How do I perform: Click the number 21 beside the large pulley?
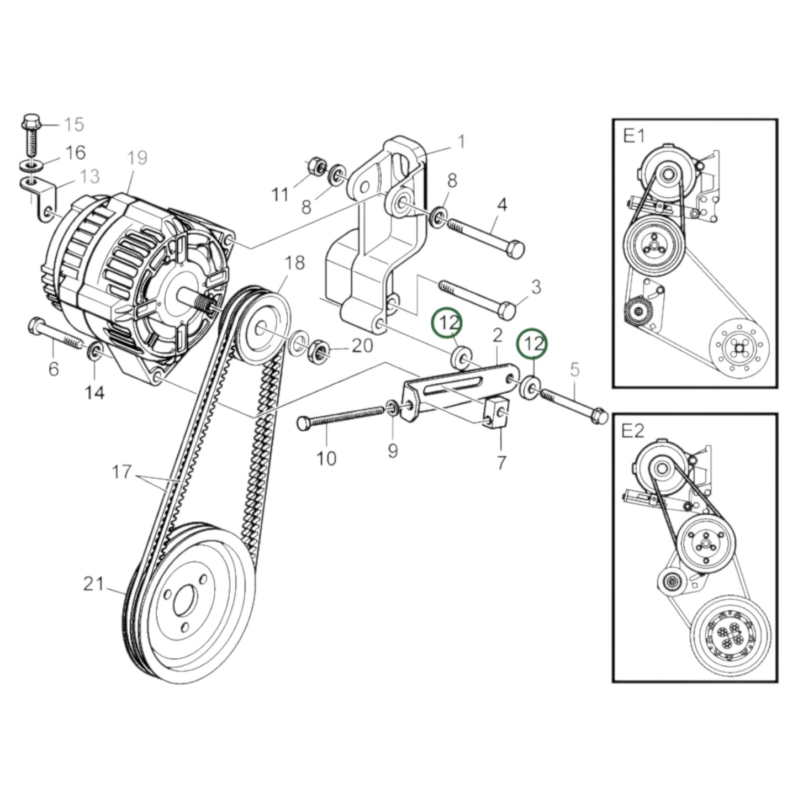94,584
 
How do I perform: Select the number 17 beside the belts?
122,472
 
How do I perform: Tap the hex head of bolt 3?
507,310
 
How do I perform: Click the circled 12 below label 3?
447,323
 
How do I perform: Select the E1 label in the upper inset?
634,135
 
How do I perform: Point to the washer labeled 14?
94,351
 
